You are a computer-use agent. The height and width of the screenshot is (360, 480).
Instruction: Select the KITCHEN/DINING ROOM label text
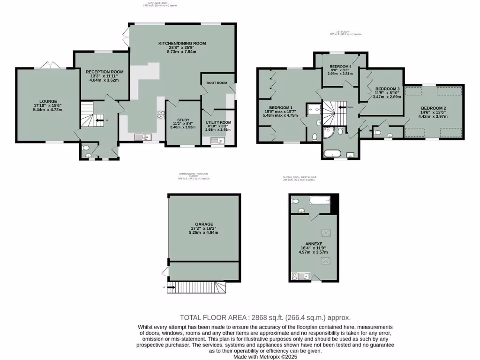[x=182, y=43]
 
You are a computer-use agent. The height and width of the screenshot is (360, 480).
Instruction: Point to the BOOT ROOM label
[x=217, y=83]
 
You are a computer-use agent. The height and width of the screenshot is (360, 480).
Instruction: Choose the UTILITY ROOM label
[x=218, y=122]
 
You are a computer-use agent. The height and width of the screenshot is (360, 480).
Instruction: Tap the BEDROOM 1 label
[x=274, y=106]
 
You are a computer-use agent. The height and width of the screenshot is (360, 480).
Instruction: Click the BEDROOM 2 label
[x=433, y=108]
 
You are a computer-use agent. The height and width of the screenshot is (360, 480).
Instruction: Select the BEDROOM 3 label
[x=388, y=89]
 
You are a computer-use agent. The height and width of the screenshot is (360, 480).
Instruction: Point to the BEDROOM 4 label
[x=340, y=67]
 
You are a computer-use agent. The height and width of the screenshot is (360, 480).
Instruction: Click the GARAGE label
[x=204, y=224]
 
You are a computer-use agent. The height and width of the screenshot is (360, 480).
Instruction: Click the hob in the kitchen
[x=160, y=113]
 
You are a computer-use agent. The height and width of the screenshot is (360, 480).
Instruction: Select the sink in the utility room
[x=216, y=140]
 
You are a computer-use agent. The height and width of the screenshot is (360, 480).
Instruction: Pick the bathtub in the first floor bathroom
[x=334, y=153]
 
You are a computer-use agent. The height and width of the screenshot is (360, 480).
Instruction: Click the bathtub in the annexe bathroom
[x=317, y=201]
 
